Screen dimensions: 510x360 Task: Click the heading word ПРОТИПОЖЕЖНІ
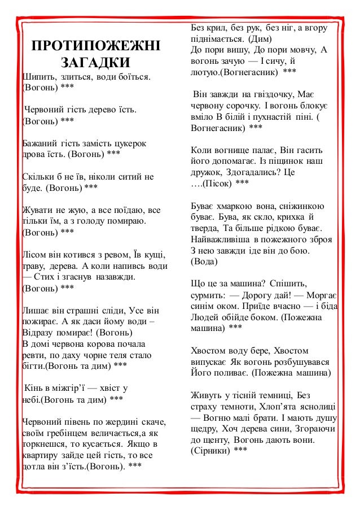95,46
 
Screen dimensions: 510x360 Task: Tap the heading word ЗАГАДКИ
95,62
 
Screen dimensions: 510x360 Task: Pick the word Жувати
38,210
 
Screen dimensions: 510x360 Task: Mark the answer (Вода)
207,261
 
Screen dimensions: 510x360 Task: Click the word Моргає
323,294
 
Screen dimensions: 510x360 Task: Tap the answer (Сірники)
210,450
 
